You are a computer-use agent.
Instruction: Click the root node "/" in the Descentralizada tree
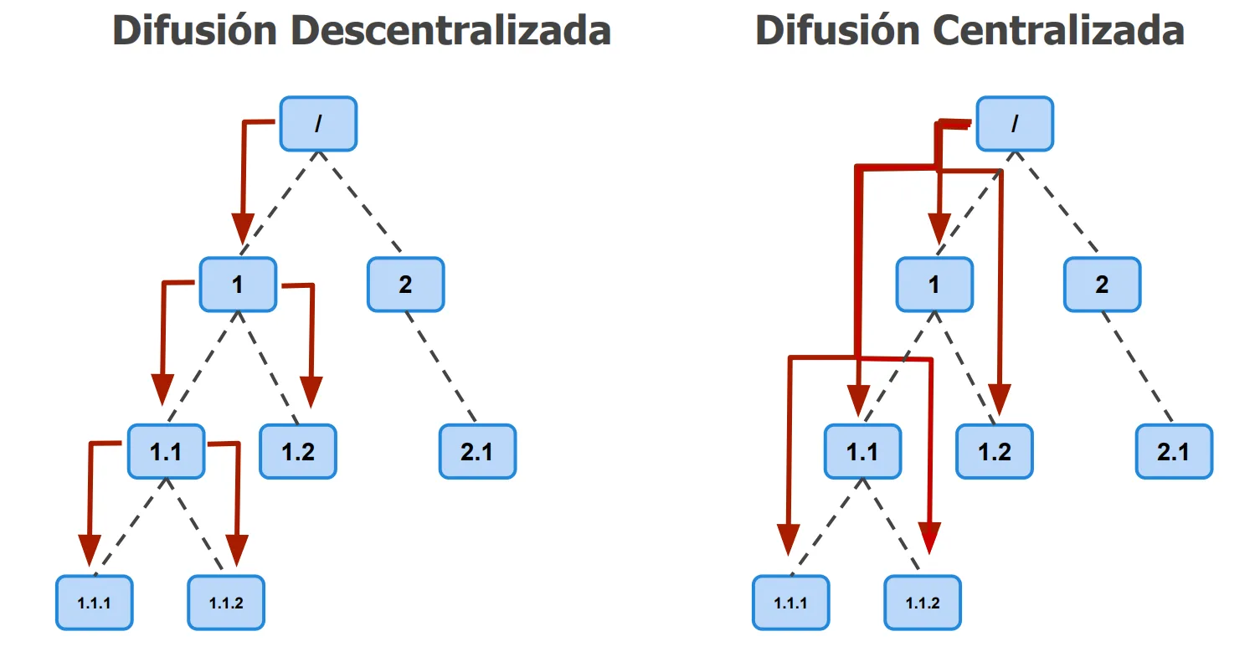point(318,124)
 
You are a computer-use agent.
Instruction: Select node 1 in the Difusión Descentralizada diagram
point(238,285)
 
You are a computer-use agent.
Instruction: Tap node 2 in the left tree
point(405,285)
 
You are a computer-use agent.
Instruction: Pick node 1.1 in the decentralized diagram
point(166,452)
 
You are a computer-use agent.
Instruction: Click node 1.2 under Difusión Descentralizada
point(298,452)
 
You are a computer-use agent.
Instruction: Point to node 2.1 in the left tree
point(477,452)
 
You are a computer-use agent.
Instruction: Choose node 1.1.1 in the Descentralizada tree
point(94,603)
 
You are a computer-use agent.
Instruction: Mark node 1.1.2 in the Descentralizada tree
point(226,603)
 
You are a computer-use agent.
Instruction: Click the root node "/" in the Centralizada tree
point(1015,124)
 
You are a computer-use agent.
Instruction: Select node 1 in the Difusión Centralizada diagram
point(934,285)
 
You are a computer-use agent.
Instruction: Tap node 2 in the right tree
point(1102,285)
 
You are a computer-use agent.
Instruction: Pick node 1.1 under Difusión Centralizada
point(862,452)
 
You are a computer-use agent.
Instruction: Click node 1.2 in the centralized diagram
point(995,452)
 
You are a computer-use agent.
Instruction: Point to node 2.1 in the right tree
point(1174,452)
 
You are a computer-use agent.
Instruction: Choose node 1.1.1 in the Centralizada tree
point(790,603)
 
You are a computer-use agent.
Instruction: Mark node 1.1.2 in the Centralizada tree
point(923,603)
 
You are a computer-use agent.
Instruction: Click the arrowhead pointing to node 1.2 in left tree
point(311,391)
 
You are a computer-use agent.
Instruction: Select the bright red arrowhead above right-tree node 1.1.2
point(929,537)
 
